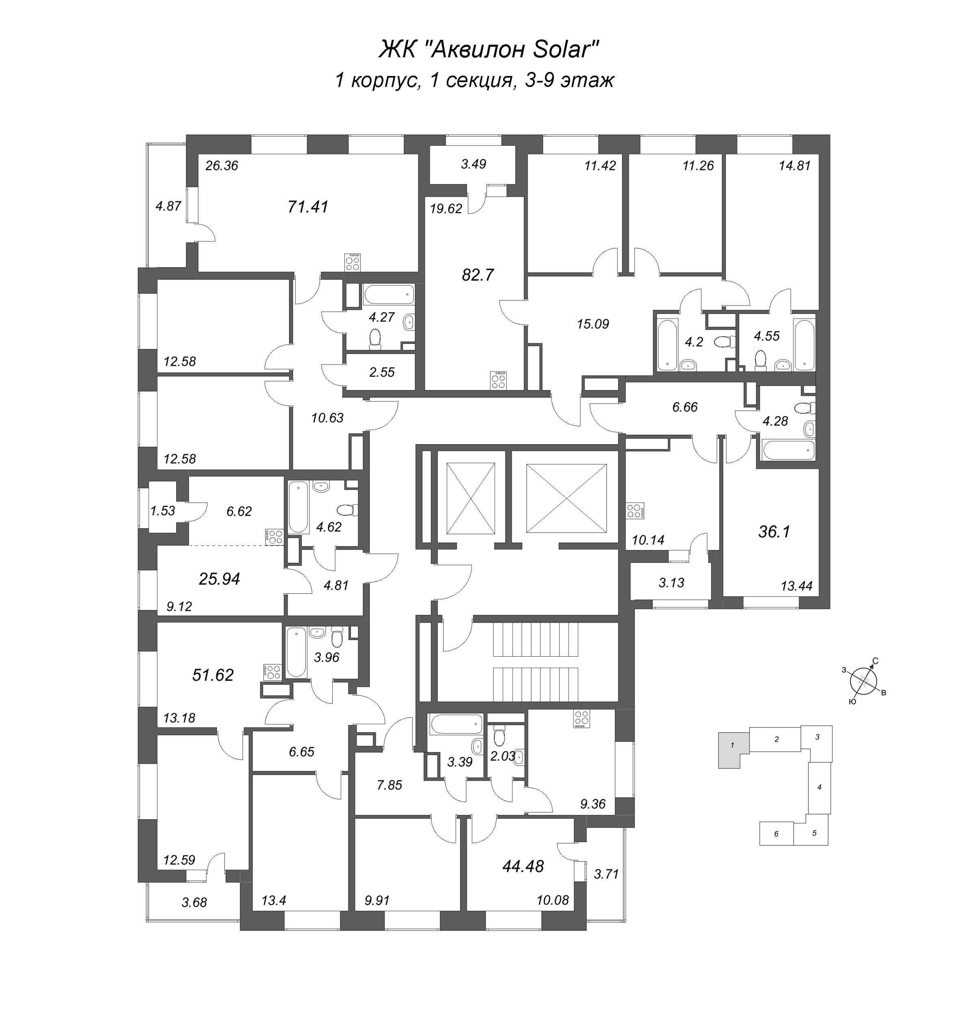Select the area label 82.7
[478, 275]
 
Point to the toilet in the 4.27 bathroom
[375, 339]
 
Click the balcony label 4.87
[169, 206]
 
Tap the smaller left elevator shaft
[470, 498]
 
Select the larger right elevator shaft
[566, 498]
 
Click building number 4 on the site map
[819, 787]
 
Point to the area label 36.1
[774, 532]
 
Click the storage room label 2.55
[382, 372]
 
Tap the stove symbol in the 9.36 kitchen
[581, 719]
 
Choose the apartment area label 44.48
[523, 866]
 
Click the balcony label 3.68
[194, 902]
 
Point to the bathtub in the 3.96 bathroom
[297, 652]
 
